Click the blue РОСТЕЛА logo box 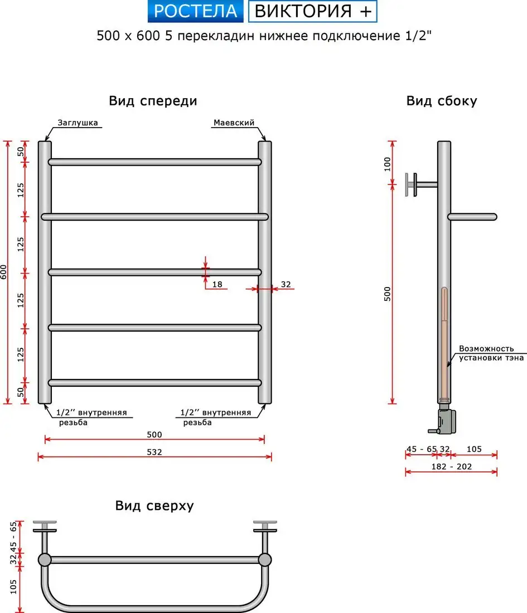(x=196, y=11)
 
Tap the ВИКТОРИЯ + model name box (x=312, y=11)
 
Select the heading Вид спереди (x=153, y=101)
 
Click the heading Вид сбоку (x=442, y=101)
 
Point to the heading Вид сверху (x=154, y=505)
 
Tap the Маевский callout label (x=233, y=123)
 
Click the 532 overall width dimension (x=154, y=452)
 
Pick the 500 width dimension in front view (x=154, y=434)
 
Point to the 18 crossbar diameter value (x=217, y=284)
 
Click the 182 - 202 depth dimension (x=452, y=466)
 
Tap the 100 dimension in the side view (x=387, y=165)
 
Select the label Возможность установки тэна (x=491, y=353)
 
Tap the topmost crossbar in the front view (x=154, y=162)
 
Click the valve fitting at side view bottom (x=446, y=421)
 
